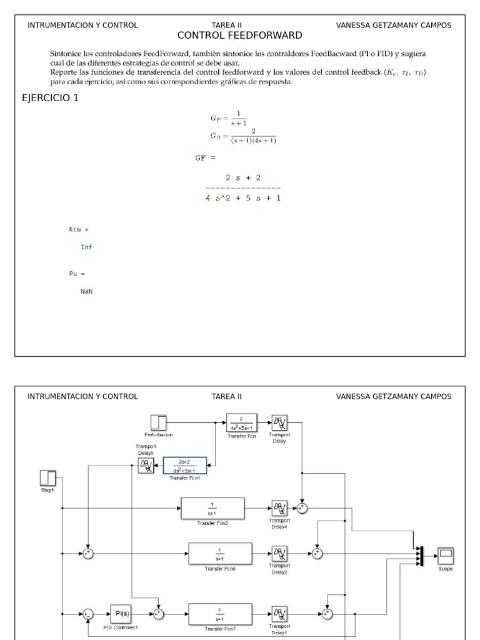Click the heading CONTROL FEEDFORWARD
pos(240,36)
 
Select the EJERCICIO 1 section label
pos(50,98)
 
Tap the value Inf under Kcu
pos(86,247)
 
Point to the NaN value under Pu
pos(86,291)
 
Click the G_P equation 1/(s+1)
pos(229,117)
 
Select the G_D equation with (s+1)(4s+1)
pos(243,136)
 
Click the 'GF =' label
pos(205,158)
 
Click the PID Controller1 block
pos(122,614)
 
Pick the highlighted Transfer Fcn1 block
pos(184,465)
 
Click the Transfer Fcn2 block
pos(212,508)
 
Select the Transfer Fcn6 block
pos(220,553)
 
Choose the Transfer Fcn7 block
pos(220,614)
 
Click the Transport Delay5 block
pos(146,464)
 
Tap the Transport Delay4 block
pos(280,508)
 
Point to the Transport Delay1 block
pos(280,614)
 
